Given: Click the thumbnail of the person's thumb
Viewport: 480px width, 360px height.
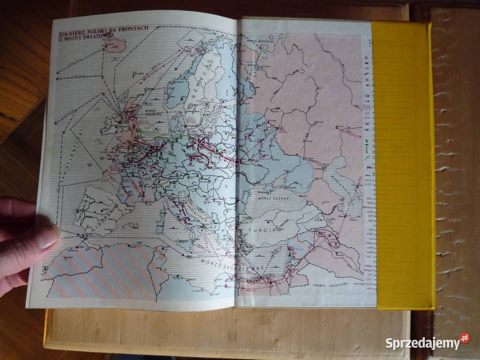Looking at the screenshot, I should (48, 236).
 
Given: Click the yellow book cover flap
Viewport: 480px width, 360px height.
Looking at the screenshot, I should (402, 165).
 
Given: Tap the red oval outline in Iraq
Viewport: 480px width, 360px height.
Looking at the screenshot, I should (329, 239).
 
